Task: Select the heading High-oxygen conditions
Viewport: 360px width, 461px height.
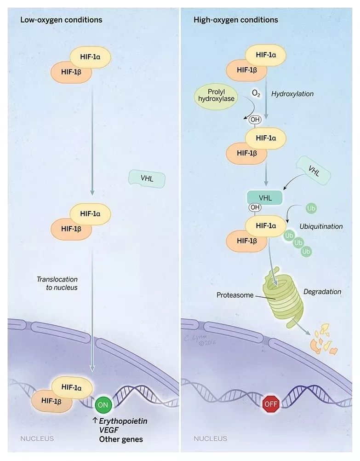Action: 236,20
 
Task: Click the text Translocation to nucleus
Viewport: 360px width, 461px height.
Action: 58,283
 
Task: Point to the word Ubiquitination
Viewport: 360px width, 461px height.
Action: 321,226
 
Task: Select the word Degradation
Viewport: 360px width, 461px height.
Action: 322,292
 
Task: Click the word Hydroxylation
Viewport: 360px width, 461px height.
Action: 292,94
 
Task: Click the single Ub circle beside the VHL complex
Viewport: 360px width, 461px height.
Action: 311,208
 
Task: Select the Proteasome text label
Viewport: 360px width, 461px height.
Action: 235,295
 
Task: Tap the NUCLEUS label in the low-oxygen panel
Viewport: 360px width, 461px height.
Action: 37,438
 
